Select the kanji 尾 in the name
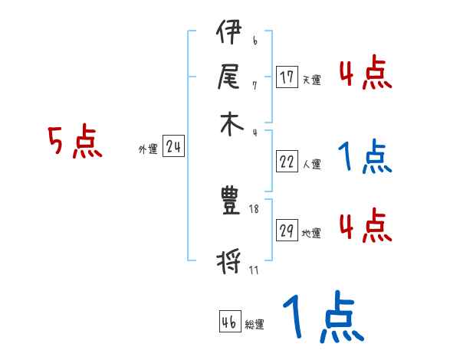pyautogui.click(x=228, y=77)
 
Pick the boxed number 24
pyautogui.click(x=173, y=147)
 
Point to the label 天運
pyautogui.click(x=311, y=80)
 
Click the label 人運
pyautogui.click(x=311, y=164)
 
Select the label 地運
pyautogui.click(x=311, y=233)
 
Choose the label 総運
pyautogui.click(x=255, y=324)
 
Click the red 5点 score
pyautogui.click(x=74, y=142)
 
